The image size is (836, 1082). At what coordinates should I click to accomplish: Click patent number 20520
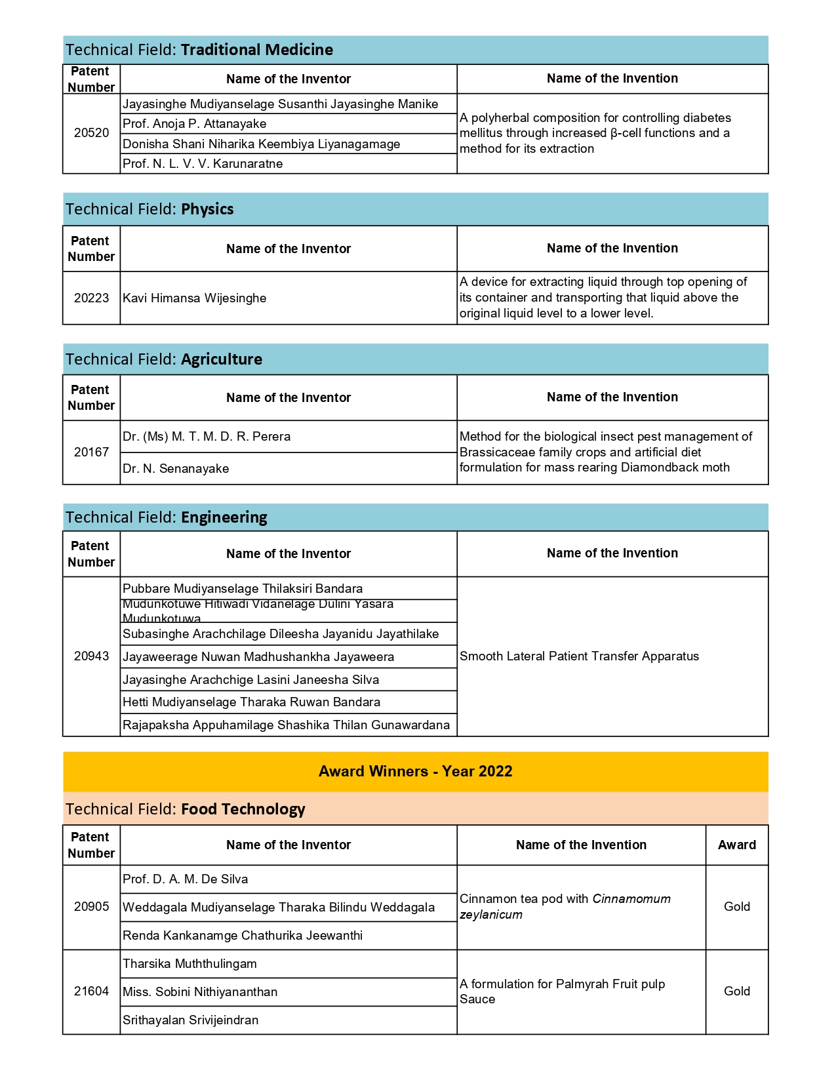91,133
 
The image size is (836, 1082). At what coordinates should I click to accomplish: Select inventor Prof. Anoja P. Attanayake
195,124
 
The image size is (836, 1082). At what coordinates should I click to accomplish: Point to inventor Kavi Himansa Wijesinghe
195,298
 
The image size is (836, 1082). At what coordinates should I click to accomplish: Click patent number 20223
91,298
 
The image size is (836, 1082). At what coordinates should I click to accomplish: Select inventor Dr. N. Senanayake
176,469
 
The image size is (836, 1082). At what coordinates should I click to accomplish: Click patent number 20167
91,452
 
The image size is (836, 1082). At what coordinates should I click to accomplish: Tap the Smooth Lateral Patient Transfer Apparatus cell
579,656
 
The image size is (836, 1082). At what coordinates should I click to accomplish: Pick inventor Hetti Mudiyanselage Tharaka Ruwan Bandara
251,702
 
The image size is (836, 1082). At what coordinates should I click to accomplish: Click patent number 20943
91,656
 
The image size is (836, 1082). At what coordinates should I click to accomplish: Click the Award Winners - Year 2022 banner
415,772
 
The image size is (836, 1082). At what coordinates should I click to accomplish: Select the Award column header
736,845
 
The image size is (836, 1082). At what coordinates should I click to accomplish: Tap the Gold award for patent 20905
736,907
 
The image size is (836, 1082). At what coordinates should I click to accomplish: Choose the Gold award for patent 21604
736,992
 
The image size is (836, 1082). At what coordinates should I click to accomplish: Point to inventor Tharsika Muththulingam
189,964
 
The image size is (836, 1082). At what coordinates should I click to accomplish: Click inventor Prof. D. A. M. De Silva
185,879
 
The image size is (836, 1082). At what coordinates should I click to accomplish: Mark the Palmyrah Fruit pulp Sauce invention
562,992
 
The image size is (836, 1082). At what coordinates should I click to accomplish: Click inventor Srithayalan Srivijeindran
190,1020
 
